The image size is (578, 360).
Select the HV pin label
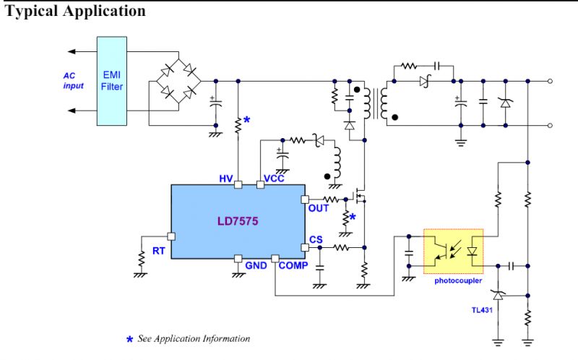(x=227, y=178)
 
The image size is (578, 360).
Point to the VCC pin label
(x=274, y=178)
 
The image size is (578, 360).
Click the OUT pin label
(x=319, y=208)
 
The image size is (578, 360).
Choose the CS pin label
(x=316, y=239)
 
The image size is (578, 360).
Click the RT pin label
(x=159, y=251)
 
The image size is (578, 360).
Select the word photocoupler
(x=458, y=280)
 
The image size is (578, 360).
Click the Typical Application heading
(x=75, y=12)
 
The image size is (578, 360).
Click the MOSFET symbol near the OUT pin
(x=358, y=197)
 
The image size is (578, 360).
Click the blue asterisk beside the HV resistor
(x=246, y=120)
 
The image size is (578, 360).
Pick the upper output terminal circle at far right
(x=551, y=80)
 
